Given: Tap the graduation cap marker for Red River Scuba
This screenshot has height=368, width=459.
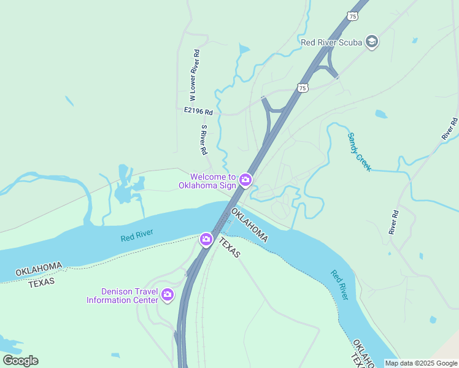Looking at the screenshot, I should pyautogui.click(x=371, y=42).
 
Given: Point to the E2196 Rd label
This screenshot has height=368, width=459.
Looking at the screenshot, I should pyautogui.click(x=198, y=112).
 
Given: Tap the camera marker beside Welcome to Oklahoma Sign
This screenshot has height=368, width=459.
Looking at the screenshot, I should pyautogui.click(x=245, y=180).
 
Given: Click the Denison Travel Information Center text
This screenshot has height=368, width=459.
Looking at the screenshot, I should pyautogui.click(x=122, y=296).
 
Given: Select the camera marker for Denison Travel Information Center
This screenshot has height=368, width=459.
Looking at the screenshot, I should pyautogui.click(x=167, y=296).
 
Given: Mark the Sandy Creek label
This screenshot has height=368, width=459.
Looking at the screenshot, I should pyautogui.click(x=360, y=151).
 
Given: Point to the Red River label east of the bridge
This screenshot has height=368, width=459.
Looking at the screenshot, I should pyautogui.click(x=339, y=285).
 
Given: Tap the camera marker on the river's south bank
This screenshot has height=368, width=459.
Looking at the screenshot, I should pyautogui.click(x=206, y=239).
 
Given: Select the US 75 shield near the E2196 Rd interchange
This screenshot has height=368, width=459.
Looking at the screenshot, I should pyautogui.click(x=302, y=88).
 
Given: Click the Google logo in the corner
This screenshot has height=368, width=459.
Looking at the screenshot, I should pyautogui.click(x=20, y=361).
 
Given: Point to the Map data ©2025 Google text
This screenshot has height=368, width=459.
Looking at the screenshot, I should pyautogui.click(x=422, y=363).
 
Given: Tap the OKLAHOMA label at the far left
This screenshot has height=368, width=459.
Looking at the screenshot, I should pyautogui.click(x=39, y=269).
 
